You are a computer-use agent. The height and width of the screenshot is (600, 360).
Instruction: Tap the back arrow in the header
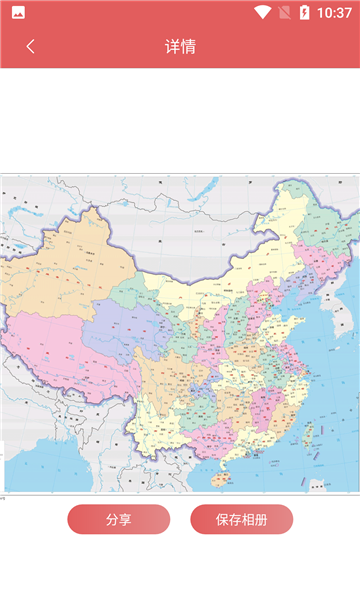(x=30, y=46)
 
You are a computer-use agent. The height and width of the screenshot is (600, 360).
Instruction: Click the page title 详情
(x=180, y=46)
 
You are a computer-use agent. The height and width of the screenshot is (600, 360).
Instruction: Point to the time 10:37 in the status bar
(x=334, y=13)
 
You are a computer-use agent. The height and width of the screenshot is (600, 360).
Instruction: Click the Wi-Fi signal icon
(x=263, y=13)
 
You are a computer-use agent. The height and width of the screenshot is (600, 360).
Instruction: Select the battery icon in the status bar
(x=304, y=13)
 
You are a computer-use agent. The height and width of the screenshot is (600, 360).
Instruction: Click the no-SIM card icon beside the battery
(x=285, y=13)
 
